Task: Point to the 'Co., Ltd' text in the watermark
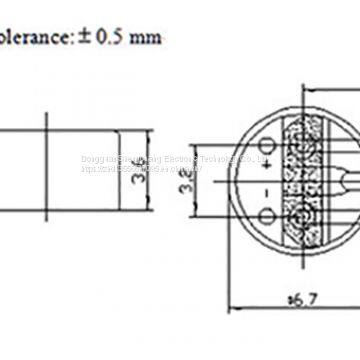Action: [x=238, y=156]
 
